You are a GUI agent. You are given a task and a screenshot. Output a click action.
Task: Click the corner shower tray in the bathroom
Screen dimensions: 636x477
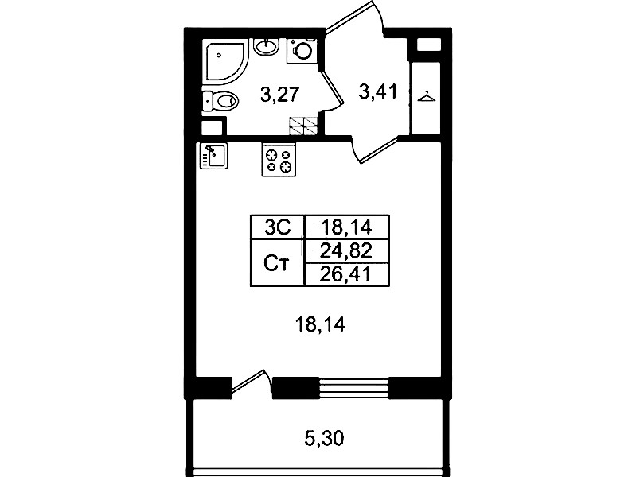(x=226, y=63)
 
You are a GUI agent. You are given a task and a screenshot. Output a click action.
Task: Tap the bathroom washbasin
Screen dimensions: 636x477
(x=266, y=47)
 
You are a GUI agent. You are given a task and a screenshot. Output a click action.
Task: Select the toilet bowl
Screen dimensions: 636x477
(x=220, y=100)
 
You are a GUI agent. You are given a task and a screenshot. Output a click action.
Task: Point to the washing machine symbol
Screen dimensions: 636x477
(x=302, y=51)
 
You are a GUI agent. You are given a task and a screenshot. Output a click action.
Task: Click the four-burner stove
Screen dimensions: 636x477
(x=279, y=160)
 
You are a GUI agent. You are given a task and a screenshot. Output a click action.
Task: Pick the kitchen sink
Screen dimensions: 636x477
(x=214, y=156)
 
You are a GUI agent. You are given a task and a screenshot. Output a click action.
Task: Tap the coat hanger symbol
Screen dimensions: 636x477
(x=427, y=97)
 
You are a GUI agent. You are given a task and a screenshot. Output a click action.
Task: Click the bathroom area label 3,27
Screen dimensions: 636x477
(x=280, y=95)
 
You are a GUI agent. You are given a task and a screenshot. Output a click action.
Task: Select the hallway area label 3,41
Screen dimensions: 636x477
(x=378, y=91)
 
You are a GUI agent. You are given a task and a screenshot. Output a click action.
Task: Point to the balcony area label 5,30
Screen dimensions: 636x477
(x=324, y=438)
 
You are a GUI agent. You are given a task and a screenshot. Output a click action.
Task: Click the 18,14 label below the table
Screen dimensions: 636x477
(x=321, y=324)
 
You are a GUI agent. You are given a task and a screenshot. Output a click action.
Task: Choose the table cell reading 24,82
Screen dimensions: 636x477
(x=346, y=251)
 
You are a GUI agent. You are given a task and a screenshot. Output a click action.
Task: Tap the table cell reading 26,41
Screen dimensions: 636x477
(x=346, y=275)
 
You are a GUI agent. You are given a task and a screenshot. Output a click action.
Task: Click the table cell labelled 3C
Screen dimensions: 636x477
(x=278, y=227)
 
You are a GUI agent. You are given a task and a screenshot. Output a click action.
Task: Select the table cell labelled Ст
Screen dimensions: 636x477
(x=278, y=262)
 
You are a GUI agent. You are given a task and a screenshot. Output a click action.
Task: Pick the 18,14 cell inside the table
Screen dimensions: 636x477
(x=346, y=227)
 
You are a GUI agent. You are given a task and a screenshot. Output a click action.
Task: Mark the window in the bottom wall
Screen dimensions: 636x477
(x=353, y=388)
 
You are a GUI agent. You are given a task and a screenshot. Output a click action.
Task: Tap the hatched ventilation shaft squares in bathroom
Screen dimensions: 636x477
(x=302, y=126)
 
